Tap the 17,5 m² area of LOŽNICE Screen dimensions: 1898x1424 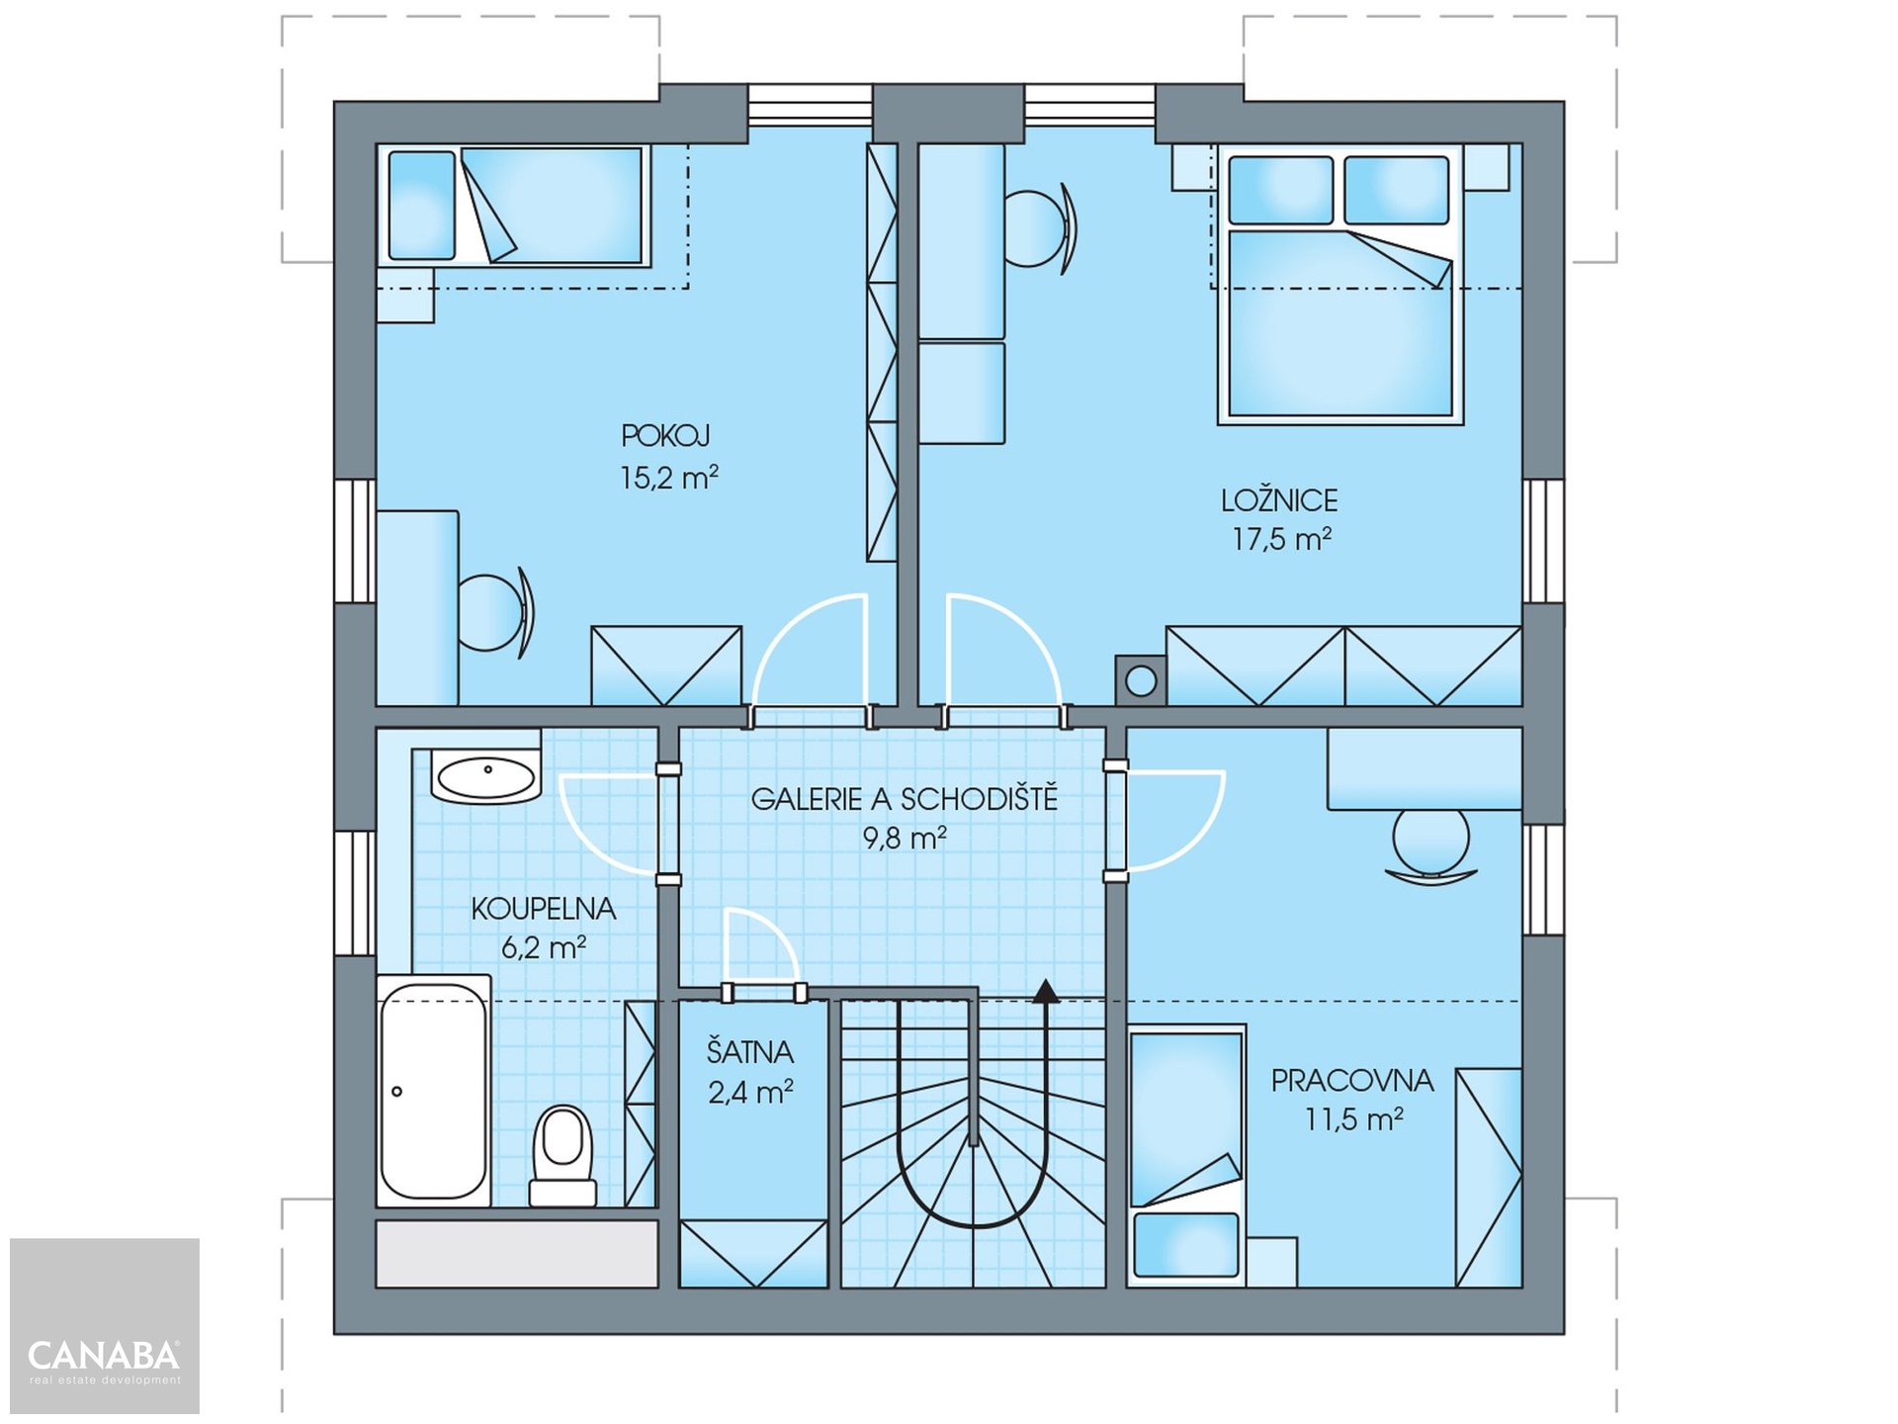(x=1281, y=539)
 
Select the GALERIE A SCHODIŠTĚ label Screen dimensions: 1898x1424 (x=905, y=798)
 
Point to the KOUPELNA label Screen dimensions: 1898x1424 (x=544, y=909)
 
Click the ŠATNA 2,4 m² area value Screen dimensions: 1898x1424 (x=750, y=1092)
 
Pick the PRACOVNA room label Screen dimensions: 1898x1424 (x=1352, y=1080)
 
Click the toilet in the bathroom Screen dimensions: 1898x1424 (x=562, y=1155)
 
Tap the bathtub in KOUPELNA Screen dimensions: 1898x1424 (x=434, y=1091)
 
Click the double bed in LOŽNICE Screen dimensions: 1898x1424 (x=1339, y=285)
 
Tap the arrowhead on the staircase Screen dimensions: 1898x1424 (x=1046, y=991)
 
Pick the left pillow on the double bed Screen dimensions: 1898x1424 (x=1281, y=189)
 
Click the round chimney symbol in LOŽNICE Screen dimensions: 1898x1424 (x=1141, y=681)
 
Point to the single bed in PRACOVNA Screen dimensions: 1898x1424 (x=1186, y=1155)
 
